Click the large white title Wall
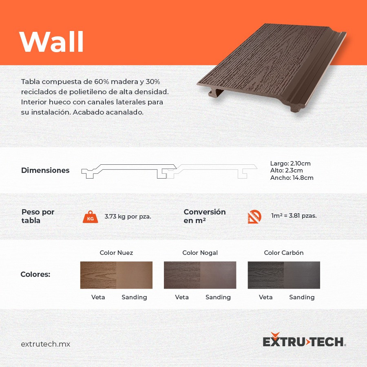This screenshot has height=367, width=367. pyautogui.click(x=52, y=42)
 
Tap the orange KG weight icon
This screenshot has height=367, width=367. pyautogui.click(x=91, y=217)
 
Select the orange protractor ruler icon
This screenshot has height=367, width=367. pyautogui.click(x=254, y=217)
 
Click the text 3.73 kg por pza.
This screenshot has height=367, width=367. pyautogui.click(x=128, y=217)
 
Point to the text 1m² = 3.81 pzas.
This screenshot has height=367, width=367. pyautogui.click(x=294, y=216)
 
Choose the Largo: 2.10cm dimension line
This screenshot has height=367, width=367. pyautogui.click(x=290, y=164)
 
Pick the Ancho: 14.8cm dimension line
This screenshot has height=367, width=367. pyautogui.click(x=292, y=178)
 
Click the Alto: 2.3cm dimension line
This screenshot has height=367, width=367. pyautogui.click(x=287, y=170)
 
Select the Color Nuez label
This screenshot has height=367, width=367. pyautogui.click(x=116, y=253)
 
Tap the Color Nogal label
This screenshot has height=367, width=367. pyautogui.click(x=200, y=253)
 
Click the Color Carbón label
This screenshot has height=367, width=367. pyautogui.click(x=284, y=253)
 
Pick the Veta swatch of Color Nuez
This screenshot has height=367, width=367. pyautogui.click(x=98, y=275)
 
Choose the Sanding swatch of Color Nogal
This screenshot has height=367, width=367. pyautogui.click(x=218, y=275)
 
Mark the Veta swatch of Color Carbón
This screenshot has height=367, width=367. pyautogui.click(x=266, y=275)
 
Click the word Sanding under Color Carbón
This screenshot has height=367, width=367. pyautogui.click(x=302, y=297)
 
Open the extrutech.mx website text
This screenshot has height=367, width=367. pyautogui.click(x=46, y=344)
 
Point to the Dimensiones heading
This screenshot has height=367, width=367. pyautogui.click(x=45, y=170)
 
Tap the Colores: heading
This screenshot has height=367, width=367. pyautogui.click(x=35, y=274)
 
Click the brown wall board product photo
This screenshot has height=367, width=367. pyautogui.click(x=272, y=68)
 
